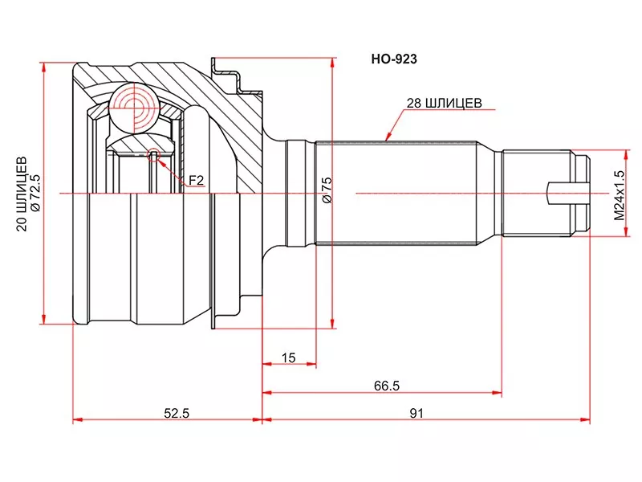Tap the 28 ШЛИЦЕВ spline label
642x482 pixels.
444,102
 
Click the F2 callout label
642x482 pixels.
196,182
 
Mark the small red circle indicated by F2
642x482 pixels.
154,153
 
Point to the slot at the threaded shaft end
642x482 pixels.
562,193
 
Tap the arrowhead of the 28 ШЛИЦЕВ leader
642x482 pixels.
387,141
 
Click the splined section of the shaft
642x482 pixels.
397,193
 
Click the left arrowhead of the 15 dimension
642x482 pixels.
266,364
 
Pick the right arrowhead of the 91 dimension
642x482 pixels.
587,420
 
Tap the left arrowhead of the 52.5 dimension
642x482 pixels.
76,420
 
